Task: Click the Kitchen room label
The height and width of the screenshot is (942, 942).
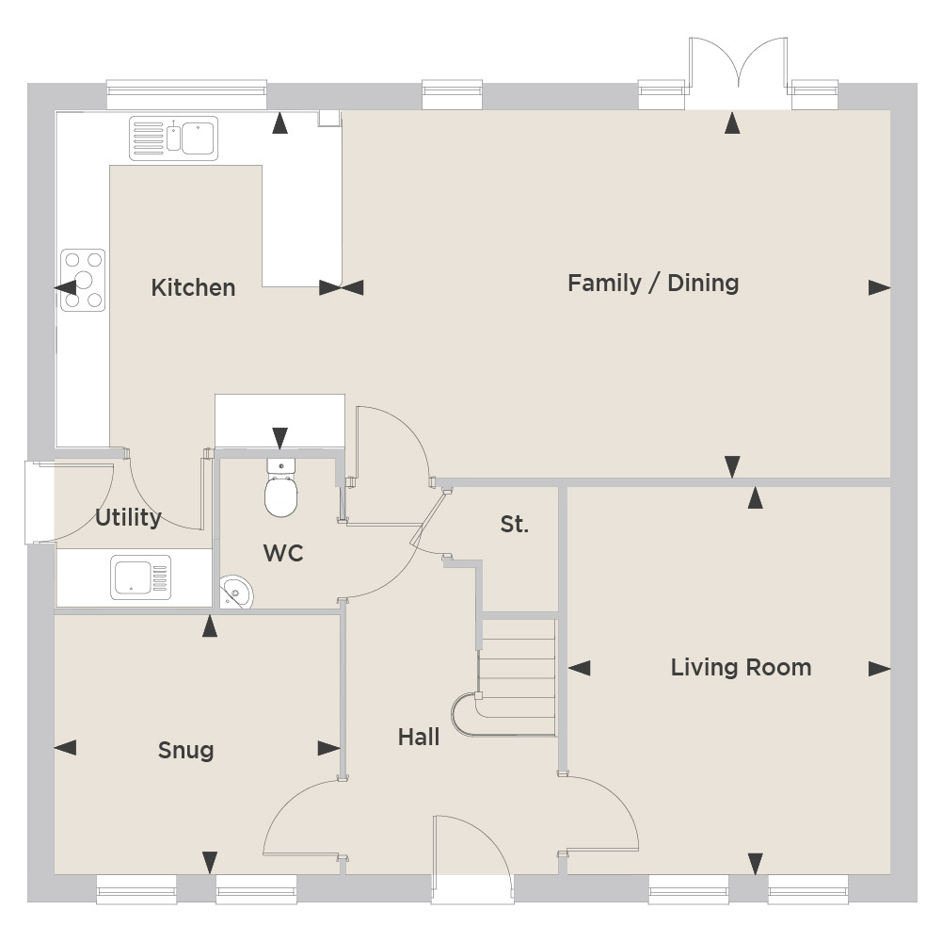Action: pos(193,287)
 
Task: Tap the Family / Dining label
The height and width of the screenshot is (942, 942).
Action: pos(653,283)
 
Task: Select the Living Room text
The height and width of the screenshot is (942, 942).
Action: pos(741,667)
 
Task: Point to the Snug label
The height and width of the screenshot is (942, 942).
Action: pos(185,750)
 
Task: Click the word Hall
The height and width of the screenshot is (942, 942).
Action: pos(419,737)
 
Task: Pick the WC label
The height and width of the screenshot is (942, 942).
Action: pos(283,553)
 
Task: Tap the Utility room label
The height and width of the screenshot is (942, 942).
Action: pos(128,517)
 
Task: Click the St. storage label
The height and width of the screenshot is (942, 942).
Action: pos(514,524)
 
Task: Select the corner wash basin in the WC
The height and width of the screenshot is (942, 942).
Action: pos(235,593)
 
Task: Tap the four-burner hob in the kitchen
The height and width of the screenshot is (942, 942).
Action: pos(83,281)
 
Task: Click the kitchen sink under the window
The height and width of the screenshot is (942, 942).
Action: pos(173,138)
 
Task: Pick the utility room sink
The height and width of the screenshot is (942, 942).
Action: pos(140,577)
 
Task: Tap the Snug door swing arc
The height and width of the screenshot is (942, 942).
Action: pos(288,800)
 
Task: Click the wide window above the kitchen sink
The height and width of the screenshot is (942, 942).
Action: pos(186,94)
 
